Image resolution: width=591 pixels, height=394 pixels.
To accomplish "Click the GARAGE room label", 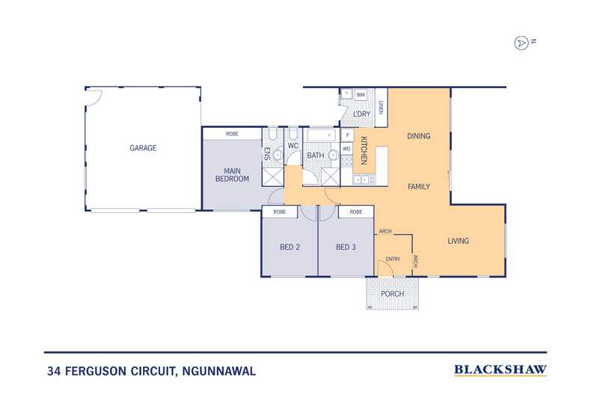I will pyautogui.click(x=143, y=148).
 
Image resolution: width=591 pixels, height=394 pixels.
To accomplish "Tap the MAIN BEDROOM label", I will pyautogui.click(x=231, y=175).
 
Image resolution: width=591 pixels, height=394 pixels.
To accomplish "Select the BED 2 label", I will pyautogui.click(x=289, y=247).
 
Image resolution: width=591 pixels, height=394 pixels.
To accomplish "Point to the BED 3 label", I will pyautogui.click(x=346, y=247).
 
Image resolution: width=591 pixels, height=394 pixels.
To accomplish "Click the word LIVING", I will pyautogui.click(x=458, y=241).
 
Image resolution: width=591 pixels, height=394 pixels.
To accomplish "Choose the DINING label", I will pyautogui.click(x=418, y=136).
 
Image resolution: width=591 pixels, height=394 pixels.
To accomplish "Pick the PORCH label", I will pyautogui.click(x=392, y=294).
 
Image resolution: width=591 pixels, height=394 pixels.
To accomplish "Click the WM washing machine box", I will pyautogui.click(x=361, y=95).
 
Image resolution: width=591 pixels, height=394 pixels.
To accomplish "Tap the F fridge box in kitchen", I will pyautogui.click(x=347, y=135).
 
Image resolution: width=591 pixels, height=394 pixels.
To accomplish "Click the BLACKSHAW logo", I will pyautogui.click(x=500, y=369).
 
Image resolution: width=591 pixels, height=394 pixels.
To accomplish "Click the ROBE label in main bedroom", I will pyautogui.click(x=232, y=133).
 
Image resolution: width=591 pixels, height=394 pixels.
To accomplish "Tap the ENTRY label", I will pyautogui.click(x=392, y=259).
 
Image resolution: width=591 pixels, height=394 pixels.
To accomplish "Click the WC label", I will pyautogui.click(x=293, y=145).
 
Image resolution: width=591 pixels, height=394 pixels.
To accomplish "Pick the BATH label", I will pyautogui.click(x=315, y=156).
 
